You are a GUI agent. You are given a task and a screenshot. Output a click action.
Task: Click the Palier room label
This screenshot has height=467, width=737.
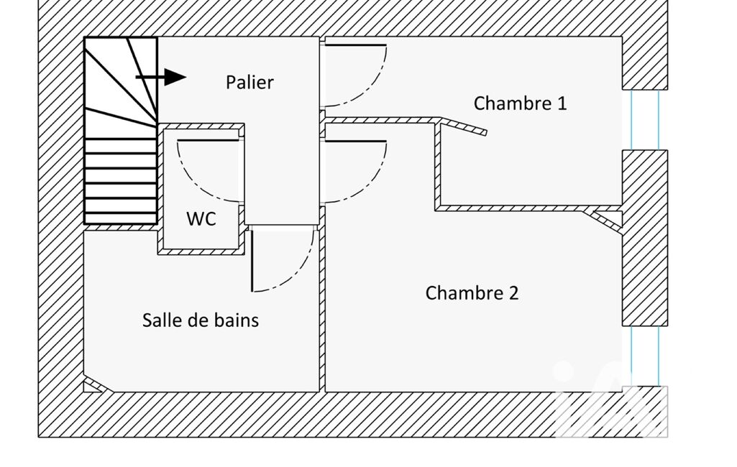pyautogui.click(x=250, y=82)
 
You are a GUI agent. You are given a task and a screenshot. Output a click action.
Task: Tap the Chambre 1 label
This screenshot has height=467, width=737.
pyautogui.click(x=520, y=103)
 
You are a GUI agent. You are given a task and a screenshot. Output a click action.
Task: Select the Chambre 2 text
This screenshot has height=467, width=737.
pyautogui.click(x=472, y=293)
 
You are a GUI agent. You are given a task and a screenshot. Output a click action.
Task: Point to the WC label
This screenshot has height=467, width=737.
pyautogui.click(x=201, y=219)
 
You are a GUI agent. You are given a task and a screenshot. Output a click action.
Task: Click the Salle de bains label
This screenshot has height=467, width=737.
pyautogui.click(x=201, y=320)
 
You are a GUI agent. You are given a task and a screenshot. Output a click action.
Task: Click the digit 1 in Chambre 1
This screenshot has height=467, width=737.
pyautogui.click(x=561, y=103)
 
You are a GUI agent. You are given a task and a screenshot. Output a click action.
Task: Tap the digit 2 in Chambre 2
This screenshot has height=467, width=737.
pyautogui.click(x=513, y=293)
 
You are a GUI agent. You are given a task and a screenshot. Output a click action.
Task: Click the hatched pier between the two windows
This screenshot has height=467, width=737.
pyautogui.click(x=645, y=237)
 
